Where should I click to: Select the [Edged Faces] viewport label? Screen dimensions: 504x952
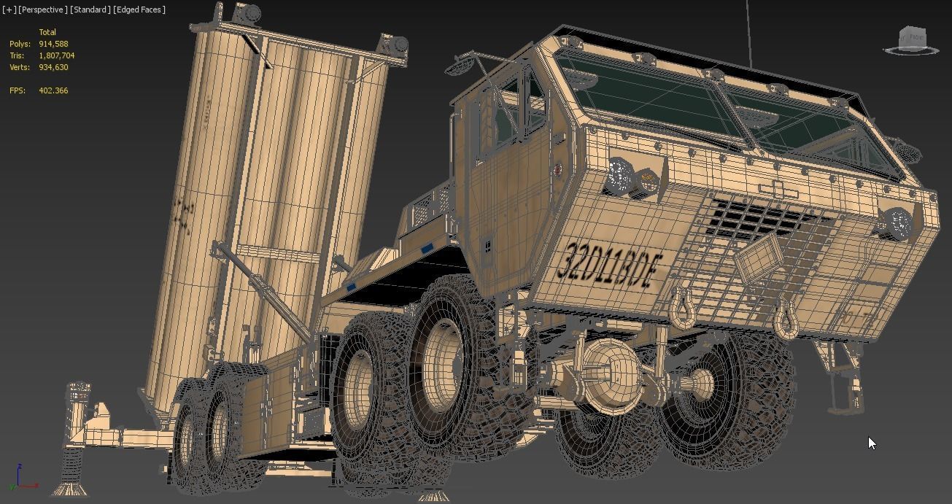[139, 9]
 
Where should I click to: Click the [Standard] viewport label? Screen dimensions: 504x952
[90, 9]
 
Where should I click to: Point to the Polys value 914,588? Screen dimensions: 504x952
[53, 44]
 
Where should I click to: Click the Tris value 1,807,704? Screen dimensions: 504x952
[56, 55]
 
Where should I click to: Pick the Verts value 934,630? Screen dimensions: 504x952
[53, 67]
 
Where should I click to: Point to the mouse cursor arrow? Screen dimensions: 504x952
[872, 443]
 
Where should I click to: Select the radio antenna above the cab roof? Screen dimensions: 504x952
[748, 33]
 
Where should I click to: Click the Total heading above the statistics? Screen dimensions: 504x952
[47, 32]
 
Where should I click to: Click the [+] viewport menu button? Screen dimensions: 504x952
[9, 9]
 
